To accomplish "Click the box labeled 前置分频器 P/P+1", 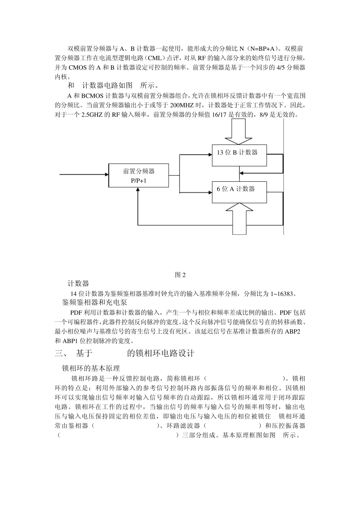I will click(x=139, y=176).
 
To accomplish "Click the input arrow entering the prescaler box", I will click(x=83, y=175).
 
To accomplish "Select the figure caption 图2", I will click(x=180, y=275).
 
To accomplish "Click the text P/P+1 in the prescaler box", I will click(x=139, y=181).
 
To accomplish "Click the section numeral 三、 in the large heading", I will click(x=61, y=353).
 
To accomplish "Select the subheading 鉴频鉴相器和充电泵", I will click(x=94, y=303).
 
